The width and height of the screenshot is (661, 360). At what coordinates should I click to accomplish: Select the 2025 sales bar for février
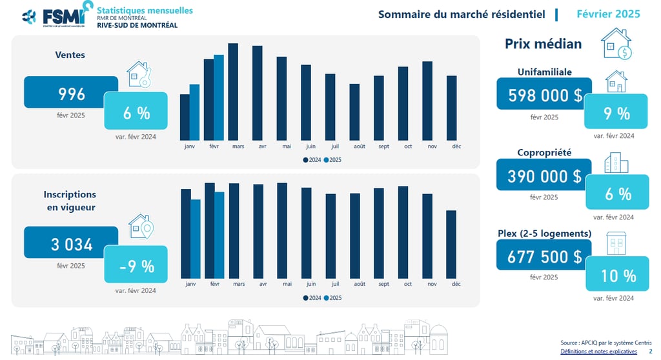(219, 97)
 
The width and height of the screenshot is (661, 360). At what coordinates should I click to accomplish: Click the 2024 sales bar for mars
(233, 91)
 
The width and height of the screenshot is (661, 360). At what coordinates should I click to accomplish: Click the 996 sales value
(71, 94)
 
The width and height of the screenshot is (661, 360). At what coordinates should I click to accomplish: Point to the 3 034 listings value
(71, 245)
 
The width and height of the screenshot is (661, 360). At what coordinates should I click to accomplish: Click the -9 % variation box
(136, 265)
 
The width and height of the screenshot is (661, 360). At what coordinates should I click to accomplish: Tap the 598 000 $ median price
(544, 95)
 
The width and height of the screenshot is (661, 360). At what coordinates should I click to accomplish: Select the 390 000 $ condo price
(544, 175)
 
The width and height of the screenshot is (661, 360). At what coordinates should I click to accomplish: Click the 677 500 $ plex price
(544, 256)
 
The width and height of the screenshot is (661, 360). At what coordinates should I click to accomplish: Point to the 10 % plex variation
(618, 275)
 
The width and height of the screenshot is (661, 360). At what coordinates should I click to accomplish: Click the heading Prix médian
(543, 44)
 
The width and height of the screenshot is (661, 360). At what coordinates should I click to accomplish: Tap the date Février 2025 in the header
(607, 14)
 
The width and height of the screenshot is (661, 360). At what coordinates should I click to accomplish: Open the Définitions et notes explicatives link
(598, 352)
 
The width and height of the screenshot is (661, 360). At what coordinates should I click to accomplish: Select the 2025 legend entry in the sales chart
(332, 160)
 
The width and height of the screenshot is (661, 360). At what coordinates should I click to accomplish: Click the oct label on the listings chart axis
(408, 284)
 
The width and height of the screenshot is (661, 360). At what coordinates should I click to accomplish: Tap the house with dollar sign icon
(617, 43)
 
